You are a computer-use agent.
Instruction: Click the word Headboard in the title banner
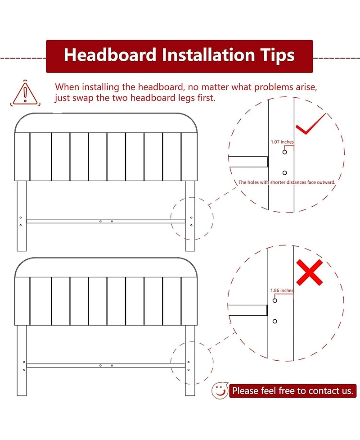coord(110,55)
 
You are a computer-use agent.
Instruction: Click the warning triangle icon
coord(25,93)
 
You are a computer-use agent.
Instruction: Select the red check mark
coord(310,124)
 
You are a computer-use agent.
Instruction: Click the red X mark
coord(310,272)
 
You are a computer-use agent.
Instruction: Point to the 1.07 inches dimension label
coord(282,142)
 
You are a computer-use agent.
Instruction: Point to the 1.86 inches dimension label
coord(282,290)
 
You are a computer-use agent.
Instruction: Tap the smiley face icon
coord(220,390)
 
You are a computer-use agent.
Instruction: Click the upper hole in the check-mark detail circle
coord(284,152)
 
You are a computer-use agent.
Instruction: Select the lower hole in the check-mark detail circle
coord(284,173)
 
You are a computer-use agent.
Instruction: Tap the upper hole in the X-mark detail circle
coord(275,300)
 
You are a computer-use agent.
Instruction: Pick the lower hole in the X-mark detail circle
coord(275,321)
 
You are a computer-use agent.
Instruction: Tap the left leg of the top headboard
coord(22,216)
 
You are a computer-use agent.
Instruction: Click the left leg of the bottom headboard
coord(22,360)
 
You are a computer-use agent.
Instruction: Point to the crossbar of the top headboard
coord(106,221)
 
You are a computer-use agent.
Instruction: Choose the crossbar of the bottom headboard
coord(106,365)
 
